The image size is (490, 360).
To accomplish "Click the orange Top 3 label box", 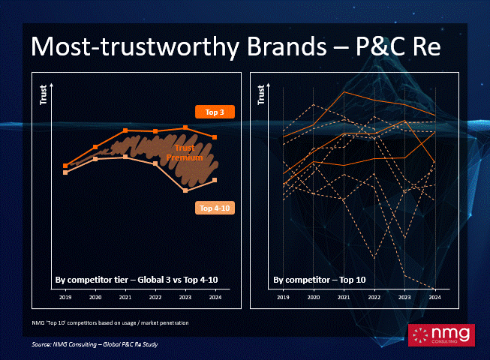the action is pyautogui.click(x=215, y=112).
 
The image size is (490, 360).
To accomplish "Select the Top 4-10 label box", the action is pyautogui.click(x=215, y=208).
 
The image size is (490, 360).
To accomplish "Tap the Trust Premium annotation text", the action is pyautogui.click(x=185, y=153).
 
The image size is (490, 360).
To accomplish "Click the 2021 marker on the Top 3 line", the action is pyautogui.click(x=125, y=130).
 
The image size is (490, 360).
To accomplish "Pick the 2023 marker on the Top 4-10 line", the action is pyautogui.click(x=185, y=190).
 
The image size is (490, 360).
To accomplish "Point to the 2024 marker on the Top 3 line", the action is pyautogui.click(x=215, y=137).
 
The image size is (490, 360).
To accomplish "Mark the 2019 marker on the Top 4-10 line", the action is pyautogui.click(x=65, y=172).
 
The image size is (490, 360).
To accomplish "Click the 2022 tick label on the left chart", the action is pyautogui.click(x=155, y=297).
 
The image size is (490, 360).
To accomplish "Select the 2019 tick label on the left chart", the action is pyautogui.click(x=65, y=297).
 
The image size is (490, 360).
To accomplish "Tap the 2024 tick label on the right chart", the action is pyautogui.click(x=434, y=297).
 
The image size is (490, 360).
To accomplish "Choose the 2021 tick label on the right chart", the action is pyautogui.click(x=344, y=297).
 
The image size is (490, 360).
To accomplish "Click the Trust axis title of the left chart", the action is pyautogui.click(x=43, y=94).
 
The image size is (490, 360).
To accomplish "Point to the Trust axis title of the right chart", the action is pyautogui.click(x=261, y=94).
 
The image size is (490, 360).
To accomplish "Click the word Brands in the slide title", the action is pyautogui.click(x=287, y=46).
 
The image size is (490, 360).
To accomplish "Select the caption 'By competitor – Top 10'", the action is pyautogui.click(x=320, y=280).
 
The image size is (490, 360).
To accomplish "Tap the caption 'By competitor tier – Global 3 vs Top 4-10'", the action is pyautogui.click(x=137, y=280).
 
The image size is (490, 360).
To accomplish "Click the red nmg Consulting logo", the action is pyautogui.click(x=441, y=335).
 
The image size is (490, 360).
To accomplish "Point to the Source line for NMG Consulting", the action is pyautogui.click(x=95, y=344).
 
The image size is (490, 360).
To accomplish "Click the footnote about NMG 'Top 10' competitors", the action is pyautogui.click(x=110, y=322).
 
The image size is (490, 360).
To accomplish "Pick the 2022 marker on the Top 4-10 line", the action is pyautogui.click(x=155, y=163).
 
